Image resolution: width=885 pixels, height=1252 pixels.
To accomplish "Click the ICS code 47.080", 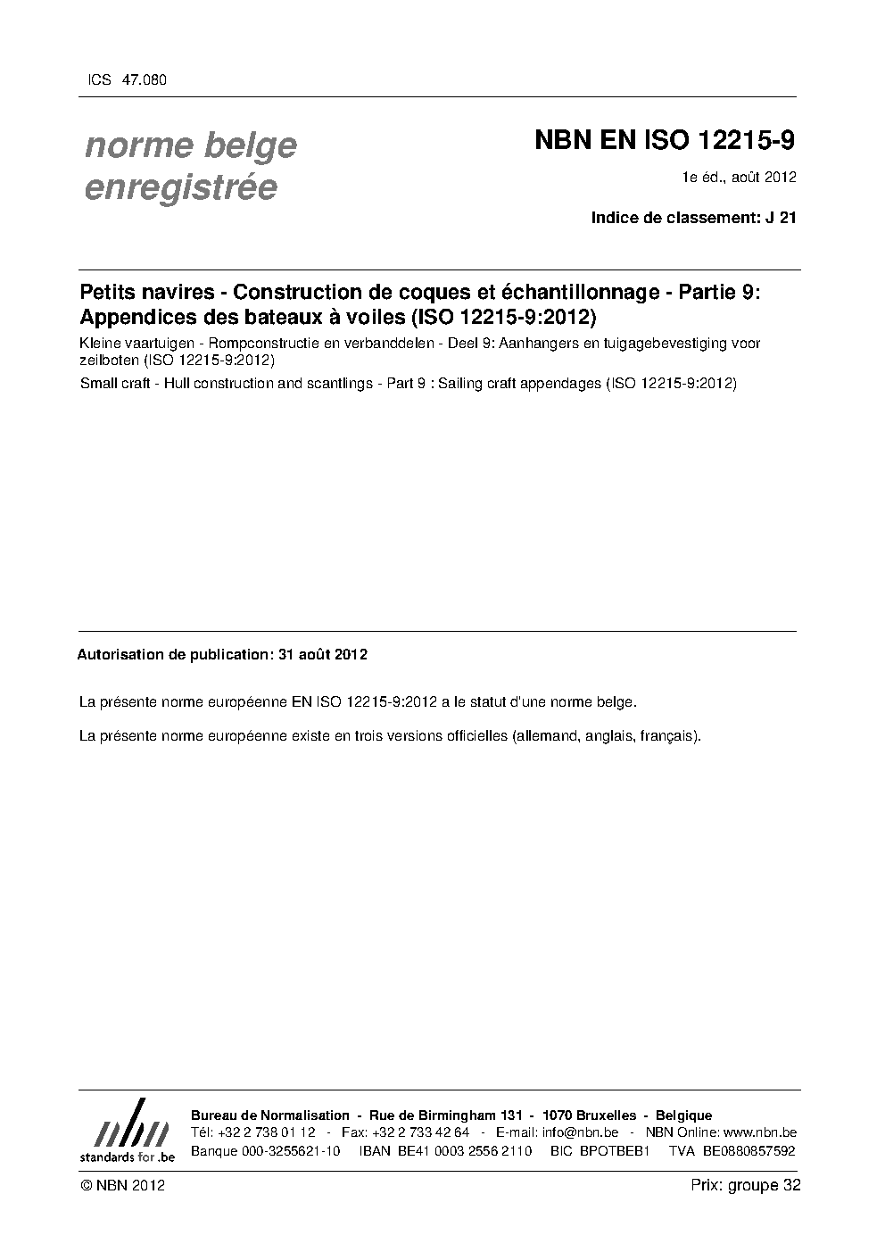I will [x=144, y=80].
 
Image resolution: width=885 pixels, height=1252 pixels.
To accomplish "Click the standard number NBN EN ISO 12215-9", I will [x=665, y=141].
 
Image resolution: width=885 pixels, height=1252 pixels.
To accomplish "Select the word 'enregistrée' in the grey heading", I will [x=180, y=187].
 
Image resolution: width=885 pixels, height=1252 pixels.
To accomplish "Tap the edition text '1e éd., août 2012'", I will [x=740, y=177].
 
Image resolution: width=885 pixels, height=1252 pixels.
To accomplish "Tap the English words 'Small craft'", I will [x=113, y=384].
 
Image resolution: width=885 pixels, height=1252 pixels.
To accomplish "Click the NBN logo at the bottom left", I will [x=127, y=1131].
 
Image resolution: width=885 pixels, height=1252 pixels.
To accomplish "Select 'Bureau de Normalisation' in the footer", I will [x=270, y=1115].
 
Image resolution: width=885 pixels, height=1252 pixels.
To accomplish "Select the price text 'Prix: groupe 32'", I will [x=745, y=1185].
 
